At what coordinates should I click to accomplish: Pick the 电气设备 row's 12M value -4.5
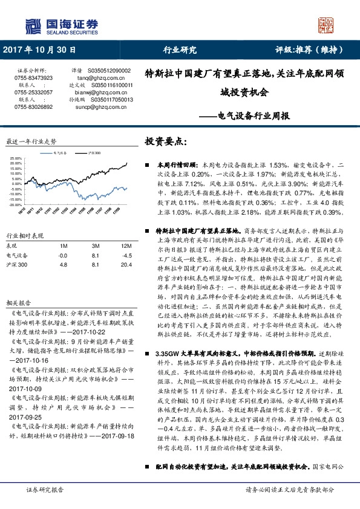click(126, 256)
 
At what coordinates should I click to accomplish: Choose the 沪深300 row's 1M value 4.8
click(63, 265)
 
